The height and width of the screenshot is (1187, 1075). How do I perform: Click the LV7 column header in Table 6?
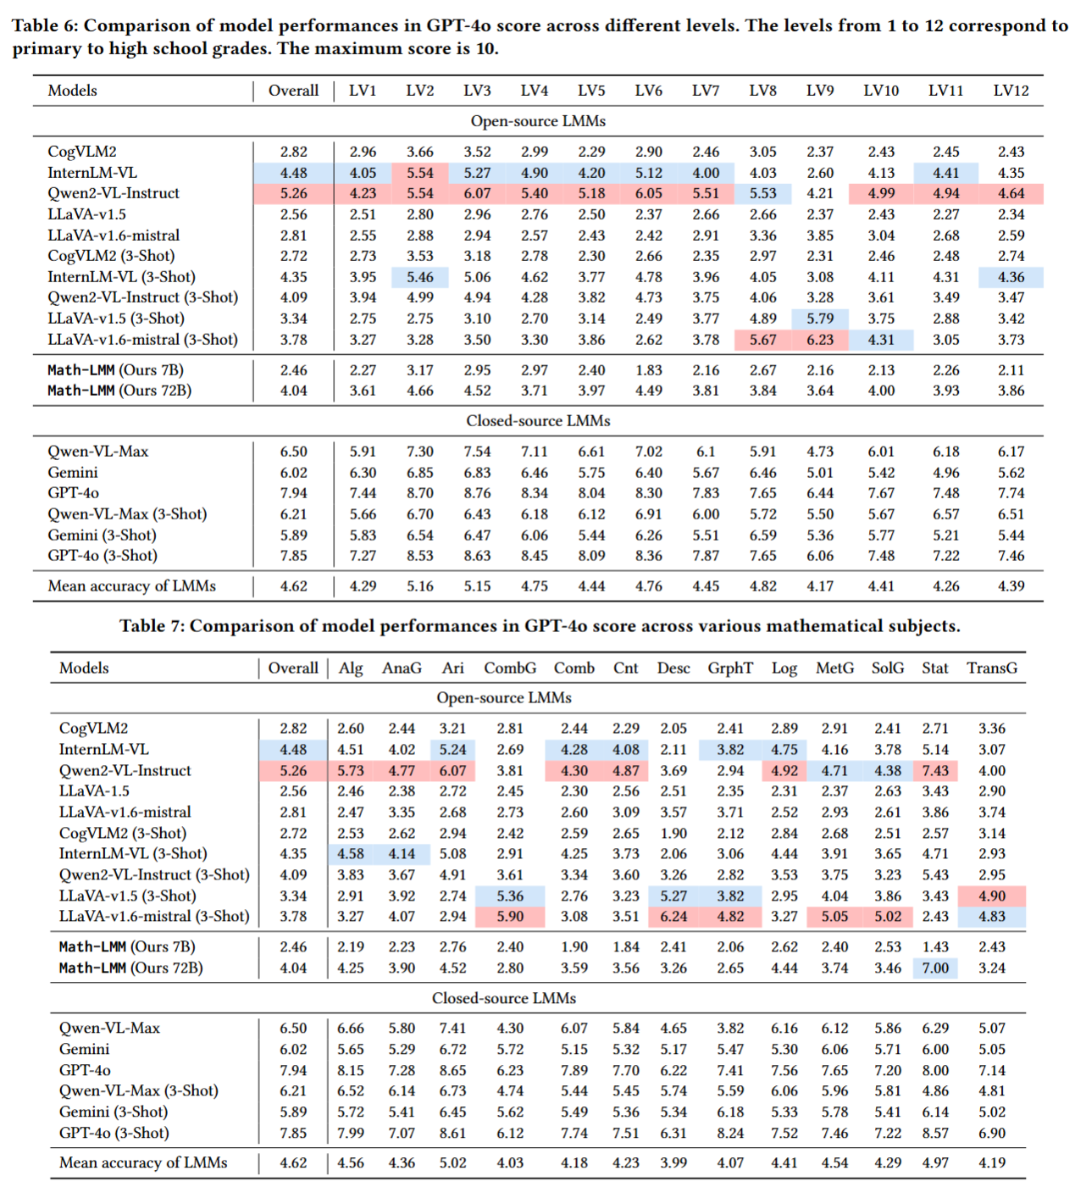[705, 91]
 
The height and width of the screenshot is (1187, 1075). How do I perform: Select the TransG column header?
[991, 668]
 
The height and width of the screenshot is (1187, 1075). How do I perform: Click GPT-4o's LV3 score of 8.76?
[477, 493]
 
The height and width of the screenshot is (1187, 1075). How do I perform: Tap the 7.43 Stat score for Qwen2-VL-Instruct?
[934, 770]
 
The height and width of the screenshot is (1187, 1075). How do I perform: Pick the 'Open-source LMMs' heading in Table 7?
[503, 698]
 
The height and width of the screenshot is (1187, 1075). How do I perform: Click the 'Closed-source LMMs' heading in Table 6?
[537, 421]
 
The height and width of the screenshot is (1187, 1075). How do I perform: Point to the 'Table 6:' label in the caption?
[45, 25]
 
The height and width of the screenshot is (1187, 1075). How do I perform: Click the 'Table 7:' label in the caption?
[152, 626]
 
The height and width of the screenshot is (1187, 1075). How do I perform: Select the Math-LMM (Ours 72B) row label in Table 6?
[119, 391]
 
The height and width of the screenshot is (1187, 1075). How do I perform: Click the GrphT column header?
[729, 668]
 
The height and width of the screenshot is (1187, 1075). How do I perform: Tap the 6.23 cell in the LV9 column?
[819, 340]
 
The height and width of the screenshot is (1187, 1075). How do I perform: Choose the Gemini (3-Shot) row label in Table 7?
[114, 1112]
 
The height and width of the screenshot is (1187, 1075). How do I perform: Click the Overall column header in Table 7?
[293, 668]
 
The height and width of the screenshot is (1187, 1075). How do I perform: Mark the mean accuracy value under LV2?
[419, 586]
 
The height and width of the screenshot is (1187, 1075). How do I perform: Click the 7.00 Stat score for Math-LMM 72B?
[934, 968]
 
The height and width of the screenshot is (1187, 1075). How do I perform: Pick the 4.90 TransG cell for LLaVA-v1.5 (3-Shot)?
[991, 896]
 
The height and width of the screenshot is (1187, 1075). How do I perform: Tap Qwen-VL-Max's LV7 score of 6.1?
[705, 452]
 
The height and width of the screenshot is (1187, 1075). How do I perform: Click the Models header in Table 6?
[72, 91]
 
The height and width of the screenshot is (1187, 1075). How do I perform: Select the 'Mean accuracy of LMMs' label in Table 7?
[143, 1162]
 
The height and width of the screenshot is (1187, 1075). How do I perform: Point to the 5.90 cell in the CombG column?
[510, 916]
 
